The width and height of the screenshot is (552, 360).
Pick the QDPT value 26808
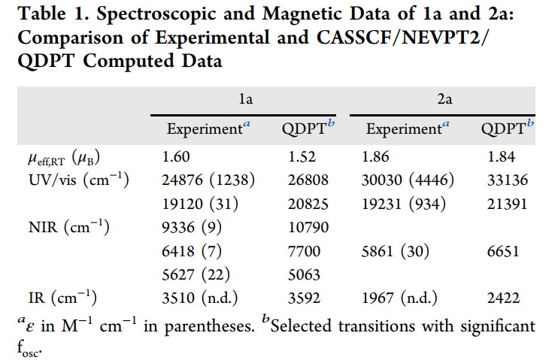pos(308,180)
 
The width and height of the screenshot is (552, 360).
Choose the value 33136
pos(506,180)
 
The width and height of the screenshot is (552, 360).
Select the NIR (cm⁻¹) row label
pos(68,228)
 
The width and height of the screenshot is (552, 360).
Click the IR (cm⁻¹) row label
pos(65,298)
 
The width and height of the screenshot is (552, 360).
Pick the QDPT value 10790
pos(308,228)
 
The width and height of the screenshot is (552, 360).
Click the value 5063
pos(303,274)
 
